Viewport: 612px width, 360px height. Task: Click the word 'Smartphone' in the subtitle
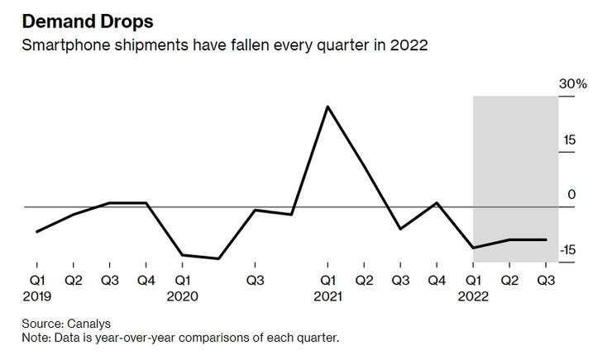pos(61,45)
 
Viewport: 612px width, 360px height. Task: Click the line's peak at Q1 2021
pos(328,107)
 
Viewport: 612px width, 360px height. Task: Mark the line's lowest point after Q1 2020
pos(219,258)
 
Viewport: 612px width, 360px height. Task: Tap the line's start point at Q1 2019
pos(37,231)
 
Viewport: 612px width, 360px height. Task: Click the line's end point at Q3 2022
pos(547,239)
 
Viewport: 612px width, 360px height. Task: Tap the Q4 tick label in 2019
pos(146,280)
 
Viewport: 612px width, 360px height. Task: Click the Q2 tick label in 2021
pos(365,280)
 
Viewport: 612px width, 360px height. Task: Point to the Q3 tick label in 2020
pos(256,280)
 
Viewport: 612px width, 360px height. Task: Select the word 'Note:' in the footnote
pos(38,338)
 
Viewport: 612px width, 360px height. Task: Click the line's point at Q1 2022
pos(474,248)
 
